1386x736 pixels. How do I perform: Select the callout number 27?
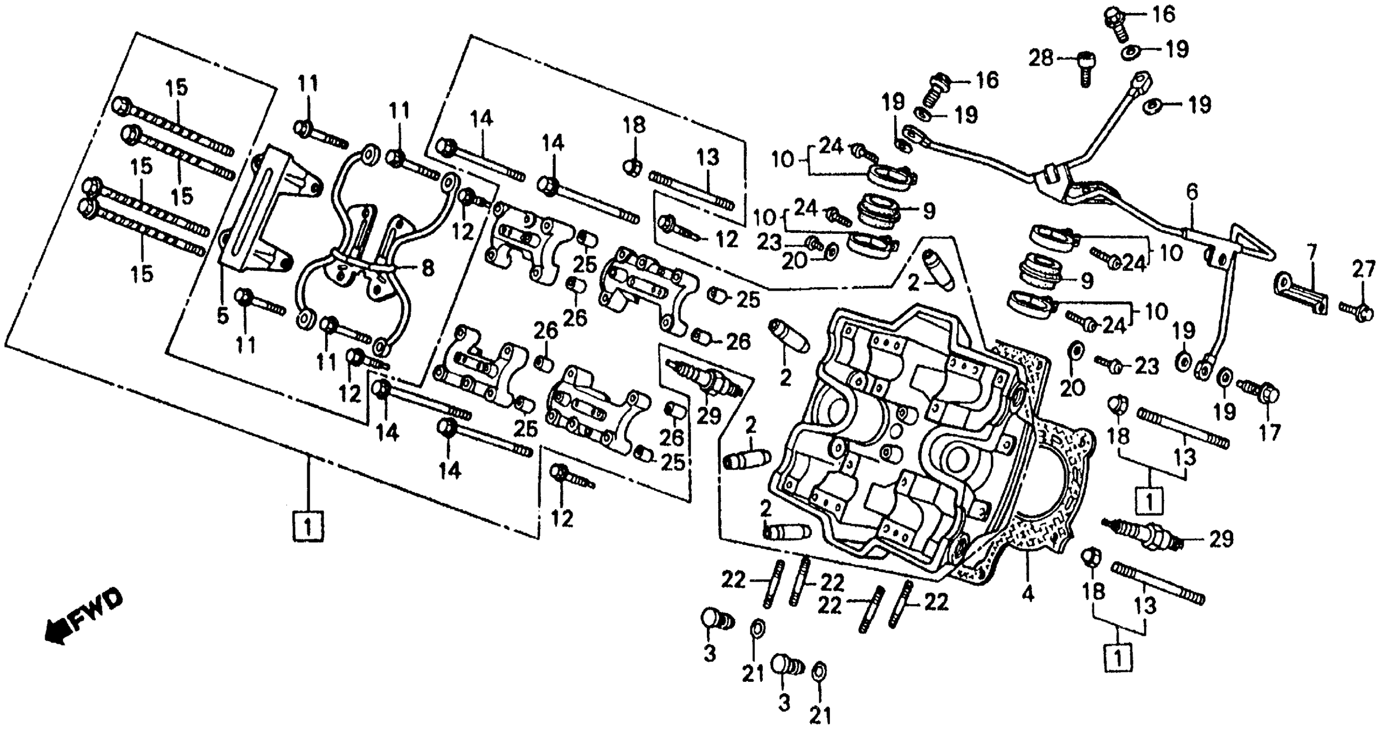1364,270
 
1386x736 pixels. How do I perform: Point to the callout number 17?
1270,433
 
